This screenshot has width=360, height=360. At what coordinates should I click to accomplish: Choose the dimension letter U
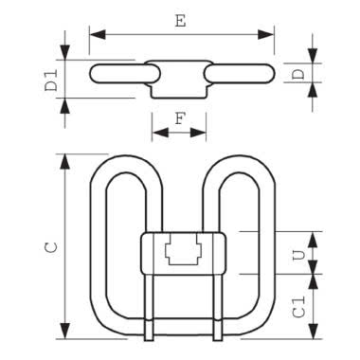tap(298, 255)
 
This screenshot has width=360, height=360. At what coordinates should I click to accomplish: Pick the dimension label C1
tap(298, 307)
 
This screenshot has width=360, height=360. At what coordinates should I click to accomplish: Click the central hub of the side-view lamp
tap(179, 75)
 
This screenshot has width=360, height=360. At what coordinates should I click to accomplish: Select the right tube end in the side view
tap(265, 74)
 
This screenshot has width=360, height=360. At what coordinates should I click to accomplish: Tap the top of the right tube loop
tap(232, 158)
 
